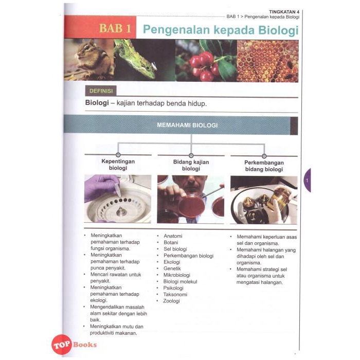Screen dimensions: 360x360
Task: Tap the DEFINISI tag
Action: pyautogui.click(x=101, y=91)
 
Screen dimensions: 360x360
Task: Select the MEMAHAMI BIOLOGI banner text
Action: pyautogui.click(x=187, y=125)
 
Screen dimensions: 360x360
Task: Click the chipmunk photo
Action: pyautogui.click(x=89, y=60)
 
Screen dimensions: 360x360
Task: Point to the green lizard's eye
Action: pyautogui.click(x=148, y=68)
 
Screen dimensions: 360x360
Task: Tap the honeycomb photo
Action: pyautogui.click(x=268, y=61)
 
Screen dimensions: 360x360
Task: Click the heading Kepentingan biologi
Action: pyautogui.click(x=118, y=165)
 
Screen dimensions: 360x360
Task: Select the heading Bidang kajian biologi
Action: pyautogui.click(x=191, y=165)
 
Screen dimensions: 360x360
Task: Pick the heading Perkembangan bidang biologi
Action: pyautogui.click(x=264, y=166)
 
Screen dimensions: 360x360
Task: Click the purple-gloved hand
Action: pyautogui.click(x=100, y=187)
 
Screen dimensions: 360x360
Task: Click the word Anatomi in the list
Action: pyautogui.click(x=173, y=236)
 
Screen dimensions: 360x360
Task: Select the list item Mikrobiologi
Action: pyautogui.click(x=177, y=275)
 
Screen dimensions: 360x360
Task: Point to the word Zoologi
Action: pyautogui.click(x=171, y=301)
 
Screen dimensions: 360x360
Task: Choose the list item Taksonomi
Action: pyautogui.click(x=175, y=295)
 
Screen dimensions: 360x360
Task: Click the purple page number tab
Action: pyautogui.click(x=307, y=181)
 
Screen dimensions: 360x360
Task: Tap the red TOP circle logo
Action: pyautogui.click(x=61, y=345)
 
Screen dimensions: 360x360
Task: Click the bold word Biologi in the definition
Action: pyautogui.click(x=97, y=103)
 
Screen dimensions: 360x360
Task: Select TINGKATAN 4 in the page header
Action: pyautogui.click(x=284, y=12)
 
